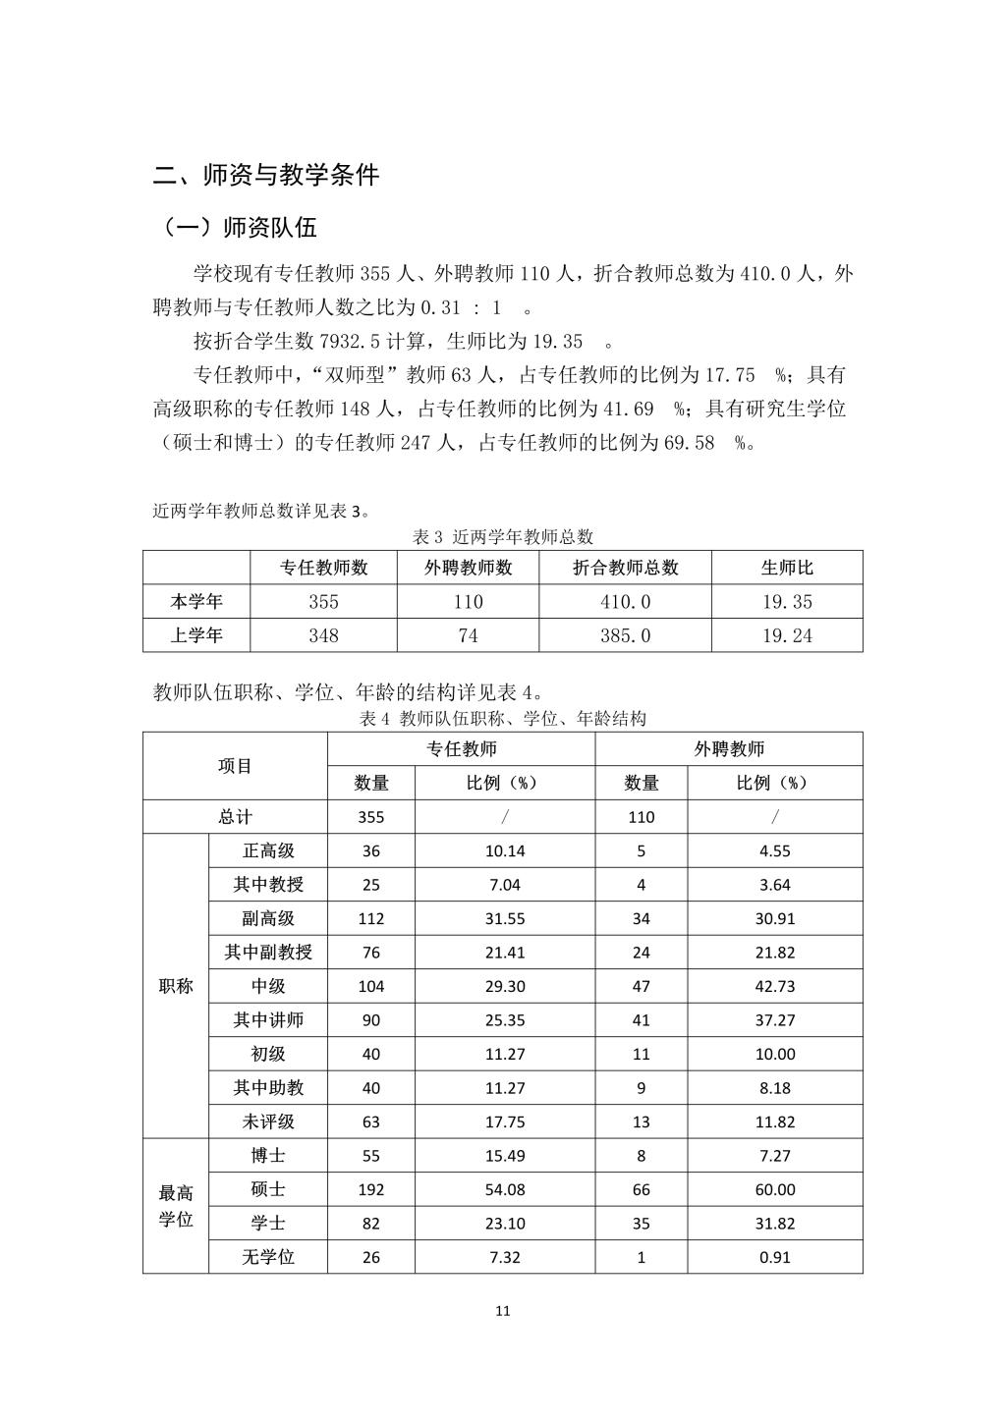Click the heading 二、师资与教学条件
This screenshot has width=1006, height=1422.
click(266, 176)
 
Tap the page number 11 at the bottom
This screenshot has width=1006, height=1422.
click(503, 1310)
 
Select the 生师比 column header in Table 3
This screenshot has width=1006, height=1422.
click(787, 568)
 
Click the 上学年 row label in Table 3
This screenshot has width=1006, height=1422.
click(196, 635)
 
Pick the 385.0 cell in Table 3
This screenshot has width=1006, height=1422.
click(625, 635)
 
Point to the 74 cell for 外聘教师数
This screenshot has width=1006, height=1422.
click(468, 635)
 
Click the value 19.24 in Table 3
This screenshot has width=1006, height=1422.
click(787, 635)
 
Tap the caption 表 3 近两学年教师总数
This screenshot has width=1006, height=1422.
click(503, 537)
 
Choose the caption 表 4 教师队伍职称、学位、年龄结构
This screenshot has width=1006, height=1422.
click(503, 719)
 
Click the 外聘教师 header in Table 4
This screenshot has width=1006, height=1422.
click(729, 749)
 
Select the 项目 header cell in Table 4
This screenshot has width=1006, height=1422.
click(235, 766)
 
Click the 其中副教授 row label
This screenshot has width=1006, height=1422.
click(268, 953)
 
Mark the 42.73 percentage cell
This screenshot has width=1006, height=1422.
click(775, 986)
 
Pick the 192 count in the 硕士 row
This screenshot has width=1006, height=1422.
click(371, 1189)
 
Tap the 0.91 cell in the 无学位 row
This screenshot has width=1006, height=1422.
click(775, 1257)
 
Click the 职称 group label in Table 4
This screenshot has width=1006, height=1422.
click(176, 986)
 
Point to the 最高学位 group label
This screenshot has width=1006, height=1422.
click(176, 1206)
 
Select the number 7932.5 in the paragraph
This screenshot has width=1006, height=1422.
click(359, 342)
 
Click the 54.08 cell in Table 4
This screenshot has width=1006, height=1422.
click(505, 1189)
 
